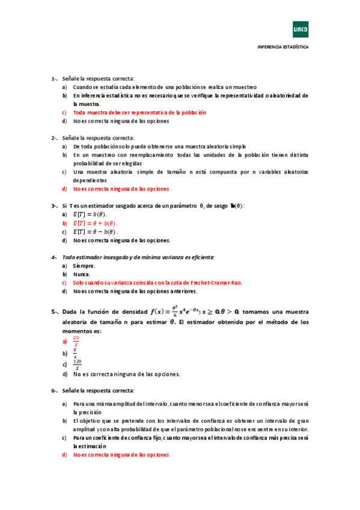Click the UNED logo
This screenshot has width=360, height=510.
click(x=300, y=28)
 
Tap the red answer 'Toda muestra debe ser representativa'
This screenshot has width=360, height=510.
click(x=139, y=112)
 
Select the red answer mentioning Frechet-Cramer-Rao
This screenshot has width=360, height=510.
click(x=157, y=283)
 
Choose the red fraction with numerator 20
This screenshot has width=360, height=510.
click(x=76, y=342)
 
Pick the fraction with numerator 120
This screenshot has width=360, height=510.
click(x=77, y=364)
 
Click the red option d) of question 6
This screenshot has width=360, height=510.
click(x=121, y=455)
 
